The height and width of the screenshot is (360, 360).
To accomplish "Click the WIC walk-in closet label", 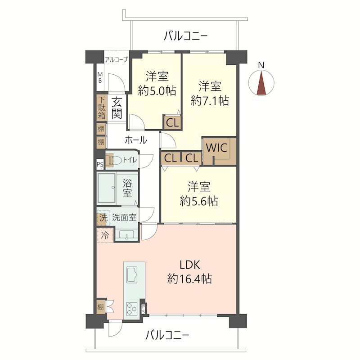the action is click(x=216, y=148).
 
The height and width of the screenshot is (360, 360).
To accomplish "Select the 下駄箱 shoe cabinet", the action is click(x=102, y=108).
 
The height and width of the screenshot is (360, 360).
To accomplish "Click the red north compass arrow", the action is click(x=261, y=83).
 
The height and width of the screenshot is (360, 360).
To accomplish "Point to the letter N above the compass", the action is click(x=261, y=65).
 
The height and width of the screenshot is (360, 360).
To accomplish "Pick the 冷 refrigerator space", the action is click(x=105, y=235).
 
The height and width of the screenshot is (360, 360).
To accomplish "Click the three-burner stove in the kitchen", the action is click(x=132, y=308).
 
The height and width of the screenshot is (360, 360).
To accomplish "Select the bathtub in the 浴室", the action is click(x=106, y=188).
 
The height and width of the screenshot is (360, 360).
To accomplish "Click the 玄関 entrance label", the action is click(x=117, y=108).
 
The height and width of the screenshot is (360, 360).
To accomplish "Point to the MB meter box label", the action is click(x=100, y=77).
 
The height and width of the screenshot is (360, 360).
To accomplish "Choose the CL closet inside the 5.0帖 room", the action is click(x=172, y=122).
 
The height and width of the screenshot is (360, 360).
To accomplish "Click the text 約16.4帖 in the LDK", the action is click(x=189, y=279).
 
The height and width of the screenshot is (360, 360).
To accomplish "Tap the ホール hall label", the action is click(x=136, y=140).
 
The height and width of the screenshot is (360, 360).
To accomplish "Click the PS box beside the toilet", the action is click(x=100, y=164).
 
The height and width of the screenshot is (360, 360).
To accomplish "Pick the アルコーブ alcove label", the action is click(x=116, y=60).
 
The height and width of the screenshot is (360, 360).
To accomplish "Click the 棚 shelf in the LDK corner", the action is click(x=100, y=307).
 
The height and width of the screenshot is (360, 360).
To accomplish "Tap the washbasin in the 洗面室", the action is click(x=126, y=235).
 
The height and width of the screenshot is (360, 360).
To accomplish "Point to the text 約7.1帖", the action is click(x=210, y=100).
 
